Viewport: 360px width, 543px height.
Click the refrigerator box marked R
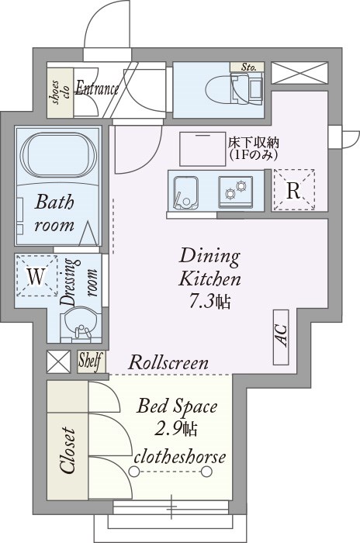pos(294,190)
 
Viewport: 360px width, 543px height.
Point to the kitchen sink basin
pos(186,191)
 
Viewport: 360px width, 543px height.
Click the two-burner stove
pos(235,190)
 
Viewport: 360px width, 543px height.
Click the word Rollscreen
pos(168,362)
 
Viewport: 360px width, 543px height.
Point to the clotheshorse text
pos(181,456)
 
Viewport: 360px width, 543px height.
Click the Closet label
pos(67,451)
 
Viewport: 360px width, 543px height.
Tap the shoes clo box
pos(60,92)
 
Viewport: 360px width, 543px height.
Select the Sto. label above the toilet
pos(249,67)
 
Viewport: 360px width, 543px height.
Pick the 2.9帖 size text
pos(178,427)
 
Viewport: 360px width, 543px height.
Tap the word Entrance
pos(98,88)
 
